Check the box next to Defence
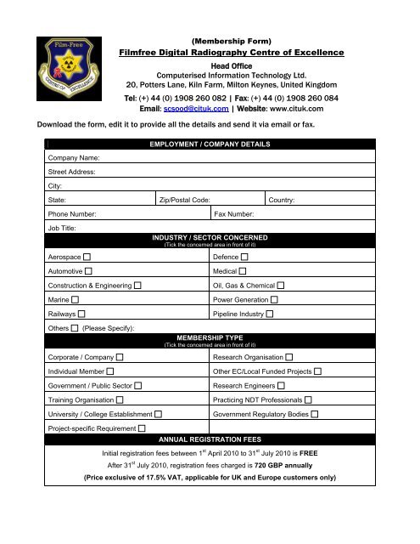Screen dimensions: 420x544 [244, 256]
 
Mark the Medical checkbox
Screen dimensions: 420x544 [243, 270]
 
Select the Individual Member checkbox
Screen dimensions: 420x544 [110, 371]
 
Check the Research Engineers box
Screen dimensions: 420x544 [281, 386]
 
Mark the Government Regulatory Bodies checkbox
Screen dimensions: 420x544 [315, 415]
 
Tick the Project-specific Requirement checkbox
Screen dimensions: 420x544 [142, 428]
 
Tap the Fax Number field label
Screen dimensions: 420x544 [238, 214]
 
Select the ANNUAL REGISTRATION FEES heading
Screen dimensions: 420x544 [210, 440]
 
